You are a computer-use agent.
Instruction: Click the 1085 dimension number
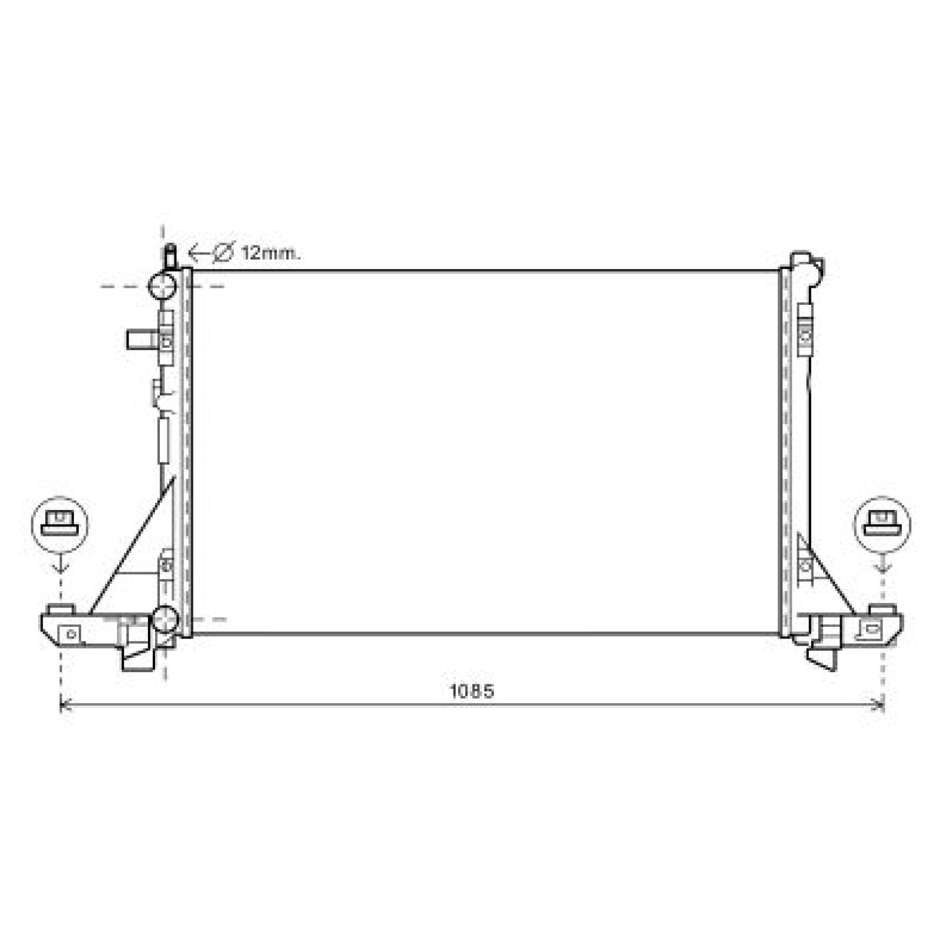click(472, 691)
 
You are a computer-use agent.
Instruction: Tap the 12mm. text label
click(271, 253)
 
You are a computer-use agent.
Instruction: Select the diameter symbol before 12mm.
click(223, 253)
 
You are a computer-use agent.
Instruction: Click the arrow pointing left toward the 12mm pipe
click(200, 254)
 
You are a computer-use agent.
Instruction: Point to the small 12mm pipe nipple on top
click(170, 256)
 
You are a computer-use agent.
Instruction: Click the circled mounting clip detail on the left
click(59, 525)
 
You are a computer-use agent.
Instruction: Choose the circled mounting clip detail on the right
click(882, 525)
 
